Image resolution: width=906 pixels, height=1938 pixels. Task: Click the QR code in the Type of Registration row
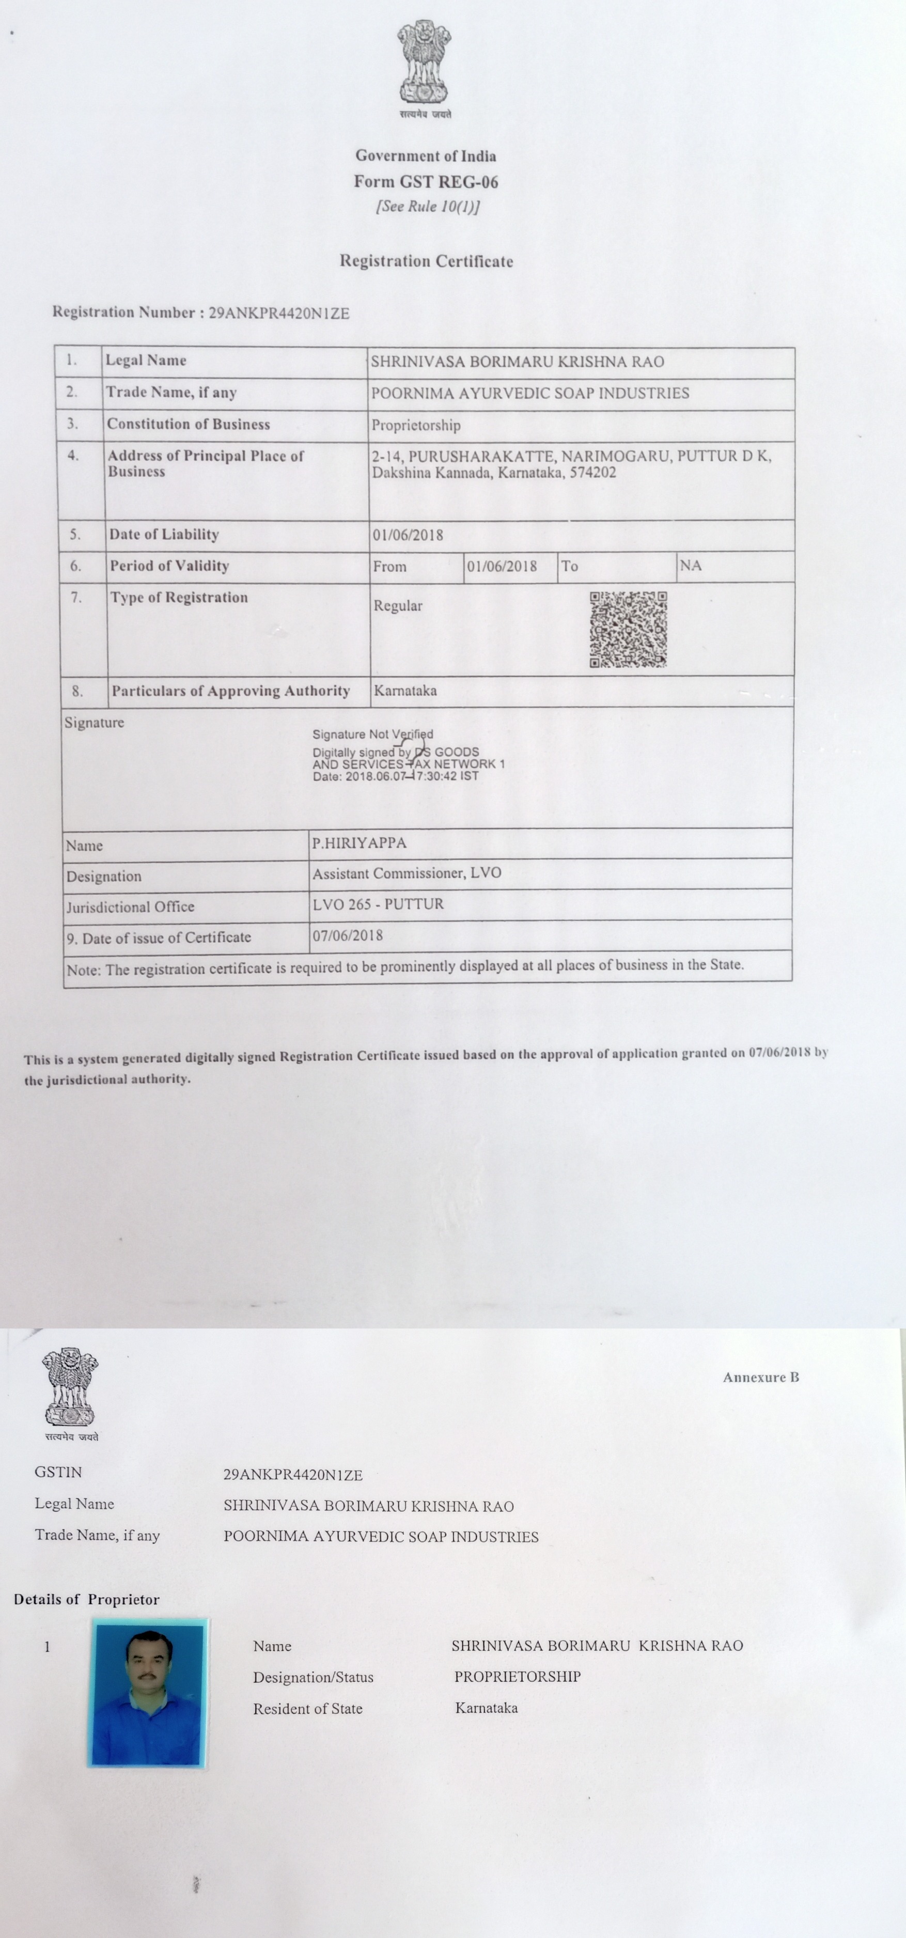(x=628, y=629)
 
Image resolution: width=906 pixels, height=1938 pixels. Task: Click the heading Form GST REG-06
(x=426, y=181)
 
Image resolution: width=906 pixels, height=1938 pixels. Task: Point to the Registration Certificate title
(x=426, y=261)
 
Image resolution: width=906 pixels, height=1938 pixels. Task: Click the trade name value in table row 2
(x=530, y=393)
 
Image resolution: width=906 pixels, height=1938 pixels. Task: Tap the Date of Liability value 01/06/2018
(x=408, y=535)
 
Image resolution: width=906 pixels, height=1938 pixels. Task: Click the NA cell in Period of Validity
(x=691, y=565)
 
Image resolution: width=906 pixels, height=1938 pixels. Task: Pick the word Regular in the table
(x=398, y=605)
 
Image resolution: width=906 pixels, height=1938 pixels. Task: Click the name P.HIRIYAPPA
(x=359, y=842)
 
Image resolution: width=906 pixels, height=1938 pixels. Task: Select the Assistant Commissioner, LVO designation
(x=407, y=873)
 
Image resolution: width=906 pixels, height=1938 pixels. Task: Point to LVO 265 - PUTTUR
(x=378, y=903)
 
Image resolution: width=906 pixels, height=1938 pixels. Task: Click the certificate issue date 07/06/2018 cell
(x=348, y=935)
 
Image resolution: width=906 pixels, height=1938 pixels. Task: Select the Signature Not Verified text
(x=372, y=734)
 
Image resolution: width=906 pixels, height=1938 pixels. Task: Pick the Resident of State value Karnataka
(x=486, y=1708)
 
